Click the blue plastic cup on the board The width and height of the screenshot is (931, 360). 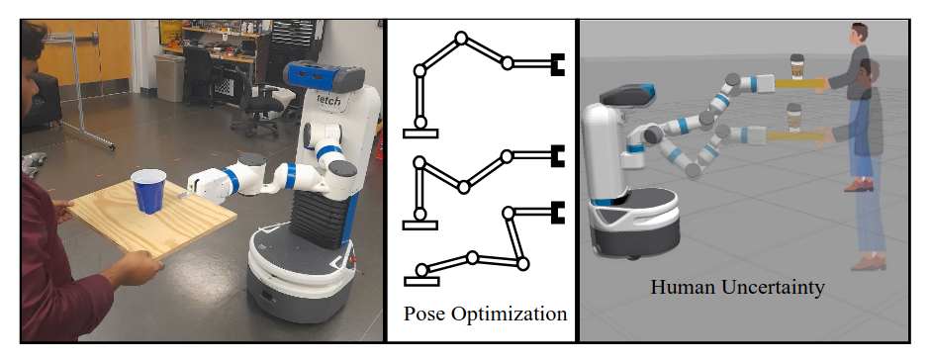[148, 191]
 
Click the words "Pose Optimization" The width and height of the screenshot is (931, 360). [485, 315]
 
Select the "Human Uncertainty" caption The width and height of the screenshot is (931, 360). [737, 288]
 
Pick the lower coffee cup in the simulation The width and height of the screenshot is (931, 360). [792, 121]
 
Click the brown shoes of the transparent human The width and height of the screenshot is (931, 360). [867, 262]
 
